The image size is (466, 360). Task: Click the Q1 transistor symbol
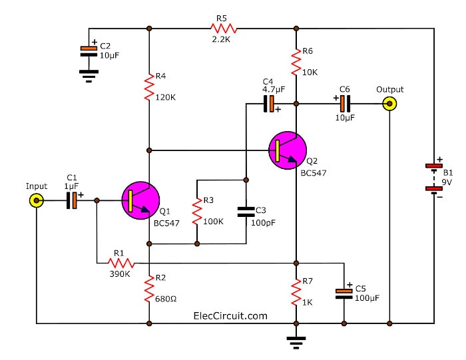(140, 200)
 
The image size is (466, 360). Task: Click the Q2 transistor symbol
(288, 150)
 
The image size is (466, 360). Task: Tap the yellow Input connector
(36, 201)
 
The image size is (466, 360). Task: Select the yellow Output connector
(389, 104)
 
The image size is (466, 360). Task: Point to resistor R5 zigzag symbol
(224, 29)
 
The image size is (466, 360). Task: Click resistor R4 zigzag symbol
(149, 88)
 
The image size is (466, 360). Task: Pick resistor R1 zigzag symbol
(121, 263)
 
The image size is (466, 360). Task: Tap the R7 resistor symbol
(296, 292)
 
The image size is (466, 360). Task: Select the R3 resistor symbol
(197, 212)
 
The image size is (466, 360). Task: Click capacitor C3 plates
(246, 212)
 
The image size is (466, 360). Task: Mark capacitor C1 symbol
(72, 200)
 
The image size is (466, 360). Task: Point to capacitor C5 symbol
(344, 293)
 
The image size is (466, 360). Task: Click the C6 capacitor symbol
(345, 104)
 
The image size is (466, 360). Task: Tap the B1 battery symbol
(434, 177)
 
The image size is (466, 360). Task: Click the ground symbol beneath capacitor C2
(89, 76)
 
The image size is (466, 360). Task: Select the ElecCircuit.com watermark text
(230, 315)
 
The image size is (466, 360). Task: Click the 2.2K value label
(221, 39)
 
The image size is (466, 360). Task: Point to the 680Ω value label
(166, 299)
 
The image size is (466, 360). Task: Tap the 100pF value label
(264, 223)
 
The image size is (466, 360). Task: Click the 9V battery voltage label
(447, 182)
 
